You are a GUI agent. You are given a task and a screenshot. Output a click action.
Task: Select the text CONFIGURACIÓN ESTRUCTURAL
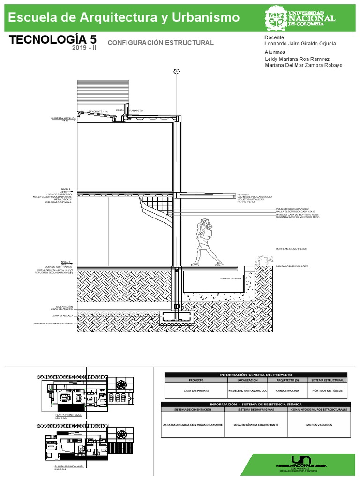pyautogui.click(x=160, y=43)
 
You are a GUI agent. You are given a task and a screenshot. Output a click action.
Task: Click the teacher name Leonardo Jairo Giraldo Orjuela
pyautogui.click(x=300, y=44)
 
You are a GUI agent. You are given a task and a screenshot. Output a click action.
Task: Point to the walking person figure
pyautogui.click(x=205, y=242)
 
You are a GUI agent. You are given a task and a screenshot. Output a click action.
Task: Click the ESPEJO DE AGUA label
pyautogui.click(x=231, y=278)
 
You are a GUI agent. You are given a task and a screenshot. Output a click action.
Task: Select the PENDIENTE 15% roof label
pyautogui.click(x=98, y=111)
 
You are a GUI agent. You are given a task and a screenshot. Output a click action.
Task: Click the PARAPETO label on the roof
pyautogui.click(x=136, y=110)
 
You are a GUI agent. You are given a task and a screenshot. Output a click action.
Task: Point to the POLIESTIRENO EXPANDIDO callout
pyautogui.click(x=292, y=208)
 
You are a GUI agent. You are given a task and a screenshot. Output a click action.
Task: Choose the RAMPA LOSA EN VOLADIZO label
pyautogui.click(x=292, y=266)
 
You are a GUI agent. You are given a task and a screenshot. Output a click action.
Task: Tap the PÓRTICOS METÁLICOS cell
pyautogui.click(x=327, y=390)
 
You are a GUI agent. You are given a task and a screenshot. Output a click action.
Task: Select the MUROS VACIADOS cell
pyautogui.click(x=319, y=424)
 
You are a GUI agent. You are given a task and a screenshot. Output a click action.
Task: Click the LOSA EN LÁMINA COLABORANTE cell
pyautogui.click(x=255, y=424)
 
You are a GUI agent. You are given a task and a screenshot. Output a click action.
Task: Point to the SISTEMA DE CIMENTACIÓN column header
pyautogui.click(x=193, y=409)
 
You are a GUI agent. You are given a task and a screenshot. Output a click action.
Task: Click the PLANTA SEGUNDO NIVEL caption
pyautogui.click(x=69, y=467)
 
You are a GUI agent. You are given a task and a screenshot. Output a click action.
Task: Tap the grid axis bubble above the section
pyautogui.click(x=176, y=71)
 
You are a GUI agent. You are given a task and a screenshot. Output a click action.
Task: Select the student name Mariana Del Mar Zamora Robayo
pyautogui.click(x=303, y=65)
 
